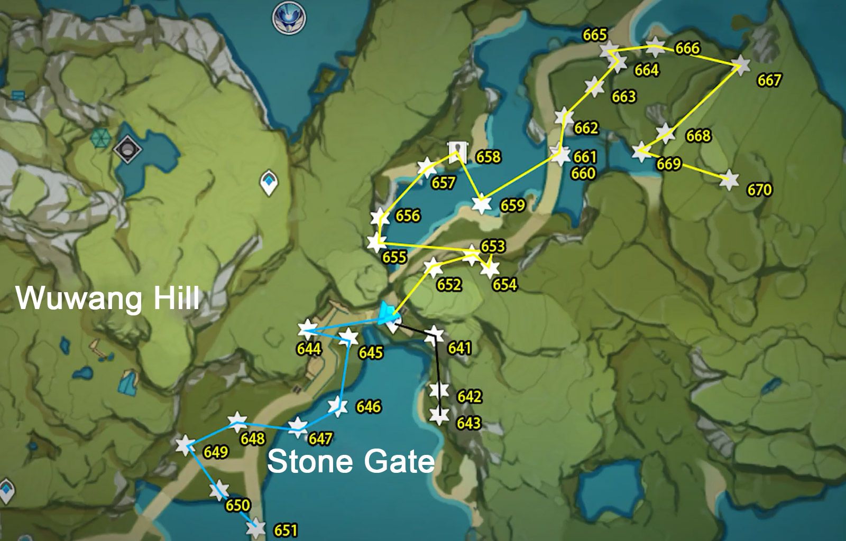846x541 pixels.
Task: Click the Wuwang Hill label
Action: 108,298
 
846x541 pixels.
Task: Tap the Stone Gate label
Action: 351,461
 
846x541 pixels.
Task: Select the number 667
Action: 769,80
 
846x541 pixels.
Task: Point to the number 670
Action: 759,189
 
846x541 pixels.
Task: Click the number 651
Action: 286,530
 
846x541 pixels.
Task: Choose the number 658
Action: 488,156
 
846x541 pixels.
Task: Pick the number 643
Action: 468,423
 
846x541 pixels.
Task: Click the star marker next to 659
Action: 481,204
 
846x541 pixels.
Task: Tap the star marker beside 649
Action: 185,445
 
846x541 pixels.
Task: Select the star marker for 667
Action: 742,64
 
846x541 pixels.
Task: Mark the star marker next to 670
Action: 729,180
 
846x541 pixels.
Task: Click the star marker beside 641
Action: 435,333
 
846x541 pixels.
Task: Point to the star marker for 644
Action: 306,330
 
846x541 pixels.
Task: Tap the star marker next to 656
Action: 380,217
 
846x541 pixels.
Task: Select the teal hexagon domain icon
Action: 99,138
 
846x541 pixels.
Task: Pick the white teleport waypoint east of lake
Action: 270,183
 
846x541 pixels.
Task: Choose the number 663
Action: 623,97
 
